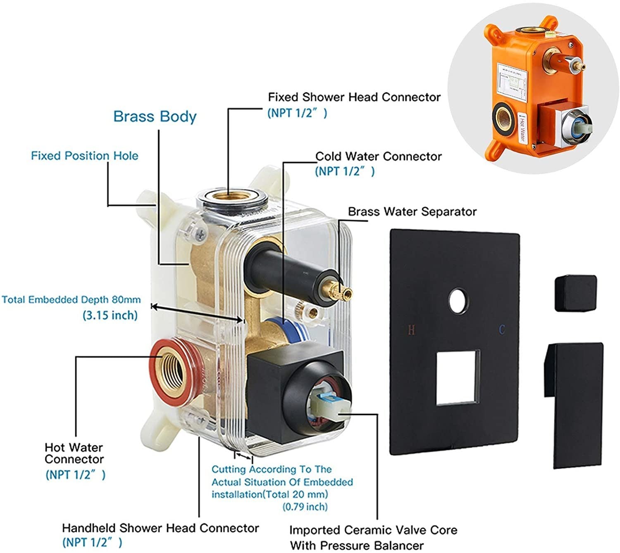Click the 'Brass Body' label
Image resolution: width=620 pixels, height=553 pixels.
click(155, 117)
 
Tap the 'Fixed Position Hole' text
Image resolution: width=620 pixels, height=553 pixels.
click(85, 156)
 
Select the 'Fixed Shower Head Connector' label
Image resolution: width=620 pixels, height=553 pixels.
click(354, 97)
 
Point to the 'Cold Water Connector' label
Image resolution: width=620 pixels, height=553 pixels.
click(378, 157)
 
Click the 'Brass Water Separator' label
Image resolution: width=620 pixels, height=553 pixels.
click(412, 212)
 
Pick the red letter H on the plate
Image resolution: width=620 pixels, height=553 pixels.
click(411, 330)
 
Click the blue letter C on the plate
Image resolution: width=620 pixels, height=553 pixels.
click(502, 330)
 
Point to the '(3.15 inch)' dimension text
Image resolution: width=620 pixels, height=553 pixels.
click(110, 316)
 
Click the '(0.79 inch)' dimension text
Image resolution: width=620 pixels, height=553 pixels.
click(305, 507)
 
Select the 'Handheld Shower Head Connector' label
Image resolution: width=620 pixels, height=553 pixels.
click(160, 528)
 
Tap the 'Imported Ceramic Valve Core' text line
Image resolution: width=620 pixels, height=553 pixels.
click(373, 530)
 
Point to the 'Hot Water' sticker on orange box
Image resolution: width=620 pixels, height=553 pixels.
click(522, 128)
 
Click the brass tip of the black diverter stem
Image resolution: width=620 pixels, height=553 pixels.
click(344, 292)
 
